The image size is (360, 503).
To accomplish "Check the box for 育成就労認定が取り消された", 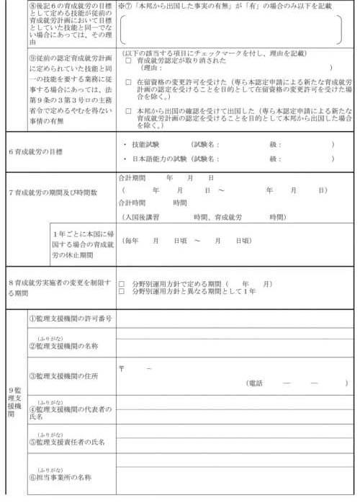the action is click(x=128, y=61).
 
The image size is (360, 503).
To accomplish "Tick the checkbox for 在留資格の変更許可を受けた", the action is click(x=128, y=82).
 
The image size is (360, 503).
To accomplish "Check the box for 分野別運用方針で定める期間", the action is click(x=122, y=284).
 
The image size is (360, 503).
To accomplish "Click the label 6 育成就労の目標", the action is click(x=36, y=151).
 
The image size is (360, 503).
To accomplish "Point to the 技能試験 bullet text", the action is click(x=148, y=144).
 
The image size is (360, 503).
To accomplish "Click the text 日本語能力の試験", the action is click(x=156, y=159).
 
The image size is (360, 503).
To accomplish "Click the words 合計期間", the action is click(x=132, y=177).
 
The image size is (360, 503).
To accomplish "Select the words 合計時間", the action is click(x=132, y=203).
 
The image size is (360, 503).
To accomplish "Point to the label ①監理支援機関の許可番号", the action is click(x=69, y=319).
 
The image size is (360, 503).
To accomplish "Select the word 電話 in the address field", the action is click(x=256, y=383).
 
